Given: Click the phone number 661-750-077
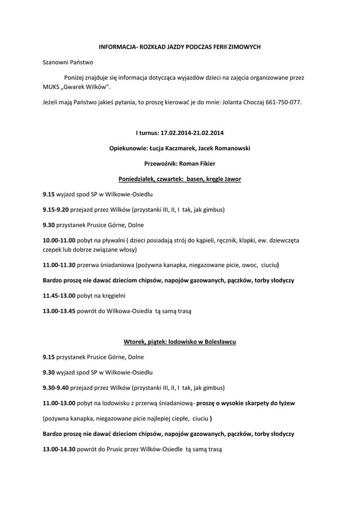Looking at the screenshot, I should [284, 103].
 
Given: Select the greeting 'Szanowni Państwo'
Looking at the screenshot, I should [68, 63].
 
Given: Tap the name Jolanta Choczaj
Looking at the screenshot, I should [240, 103].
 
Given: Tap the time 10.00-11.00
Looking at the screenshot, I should [59, 240].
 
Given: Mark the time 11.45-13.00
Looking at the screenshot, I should [59, 296].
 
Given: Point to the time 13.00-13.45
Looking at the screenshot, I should [59, 311].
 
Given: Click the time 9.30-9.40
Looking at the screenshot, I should [56, 387].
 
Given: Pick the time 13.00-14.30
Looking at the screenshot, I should [59, 449].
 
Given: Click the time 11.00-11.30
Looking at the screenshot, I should [59, 265].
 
